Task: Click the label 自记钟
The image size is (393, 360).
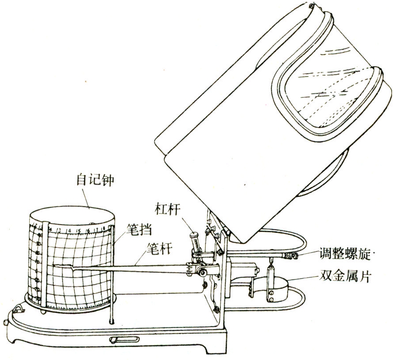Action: tap(95, 180)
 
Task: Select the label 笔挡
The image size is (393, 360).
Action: tap(139, 230)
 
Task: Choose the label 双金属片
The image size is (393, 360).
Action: tap(345, 276)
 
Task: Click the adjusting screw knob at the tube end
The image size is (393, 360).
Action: tap(292, 256)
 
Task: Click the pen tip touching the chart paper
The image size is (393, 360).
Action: tap(54, 266)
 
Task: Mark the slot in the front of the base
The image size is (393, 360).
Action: tap(124, 340)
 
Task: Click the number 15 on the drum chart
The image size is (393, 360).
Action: tap(78, 231)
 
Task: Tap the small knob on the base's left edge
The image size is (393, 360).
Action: tap(5, 322)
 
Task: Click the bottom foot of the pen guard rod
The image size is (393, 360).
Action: tap(111, 321)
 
